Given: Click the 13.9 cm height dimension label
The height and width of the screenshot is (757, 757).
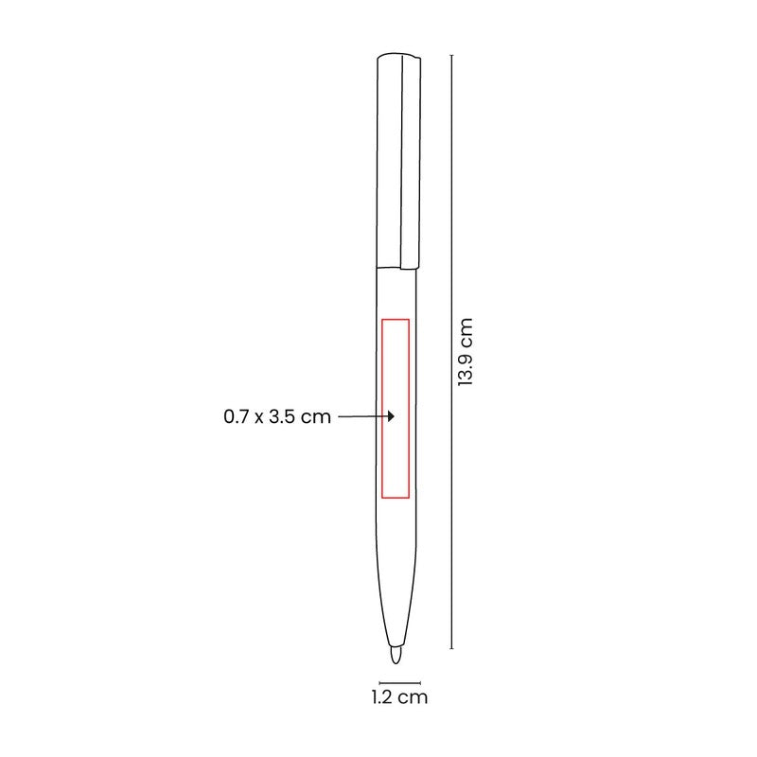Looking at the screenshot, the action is pyautogui.click(x=466, y=352).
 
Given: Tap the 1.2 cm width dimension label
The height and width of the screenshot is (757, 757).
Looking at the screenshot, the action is pyautogui.click(x=399, y=697).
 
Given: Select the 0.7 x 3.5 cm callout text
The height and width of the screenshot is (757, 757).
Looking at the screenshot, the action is pyautogui.click(x=277, y=416).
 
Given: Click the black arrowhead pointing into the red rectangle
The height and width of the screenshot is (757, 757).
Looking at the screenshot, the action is pyautogui.click(x=391, y=416).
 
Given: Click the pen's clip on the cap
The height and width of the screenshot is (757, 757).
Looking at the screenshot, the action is pyautogui.click(x=411, y=162).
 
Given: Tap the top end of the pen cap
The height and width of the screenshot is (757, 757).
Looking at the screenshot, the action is pyautogui.click(x=398, y=55).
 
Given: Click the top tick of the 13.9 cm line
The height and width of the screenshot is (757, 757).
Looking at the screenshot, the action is pyautogui.click(x=452, y=55).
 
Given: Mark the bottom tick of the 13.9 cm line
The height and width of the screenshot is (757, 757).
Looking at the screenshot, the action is pyautogui.click(x=452, y=648).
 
